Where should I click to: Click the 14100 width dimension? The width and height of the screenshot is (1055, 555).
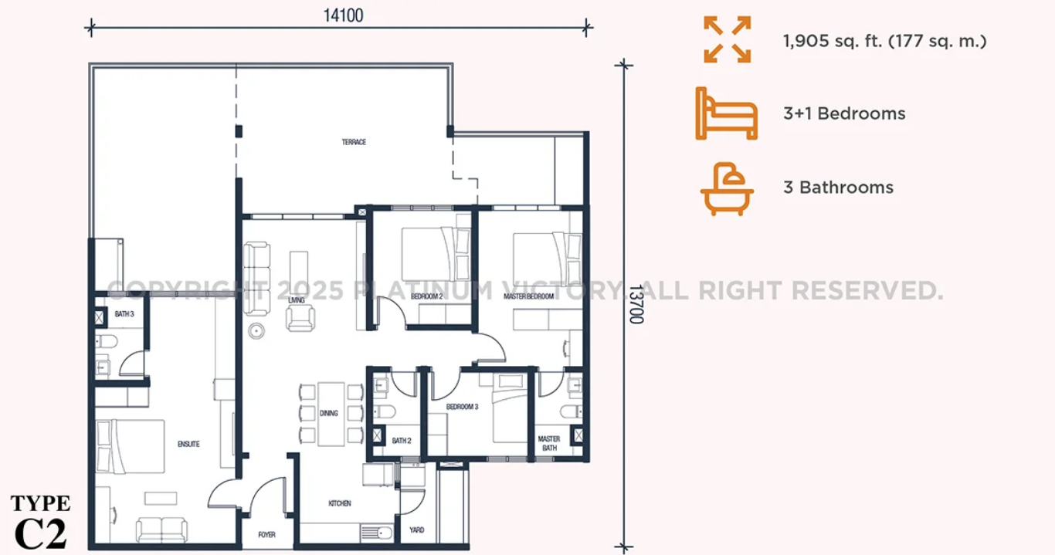(344, 15)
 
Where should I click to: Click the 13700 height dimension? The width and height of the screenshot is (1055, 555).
(636, 304)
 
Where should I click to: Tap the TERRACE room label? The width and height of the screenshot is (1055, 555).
(354, 142)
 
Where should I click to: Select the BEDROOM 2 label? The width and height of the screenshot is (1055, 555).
(426, 296)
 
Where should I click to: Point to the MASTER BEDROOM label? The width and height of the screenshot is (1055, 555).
(528, 296)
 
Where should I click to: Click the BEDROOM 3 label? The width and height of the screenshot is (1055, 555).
(462, 407)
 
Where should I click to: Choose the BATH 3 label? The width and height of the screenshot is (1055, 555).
(124, 314)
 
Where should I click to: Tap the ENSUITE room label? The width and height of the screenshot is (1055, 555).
(188, 444)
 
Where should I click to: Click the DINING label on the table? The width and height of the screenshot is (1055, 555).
(329, 413)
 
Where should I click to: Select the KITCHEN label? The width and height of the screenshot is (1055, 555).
(340, 503)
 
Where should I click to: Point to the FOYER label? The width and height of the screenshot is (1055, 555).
(266, 535)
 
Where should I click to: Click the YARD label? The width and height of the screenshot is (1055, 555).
(417, 530)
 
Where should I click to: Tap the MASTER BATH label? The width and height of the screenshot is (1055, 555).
(549, 443)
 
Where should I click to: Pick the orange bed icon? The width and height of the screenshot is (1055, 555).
(726, 113)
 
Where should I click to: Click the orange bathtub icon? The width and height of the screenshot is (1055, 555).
(727, 189)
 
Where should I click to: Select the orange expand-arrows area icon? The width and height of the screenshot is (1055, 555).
(728, 39)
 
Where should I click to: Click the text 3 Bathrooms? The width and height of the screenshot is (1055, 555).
(838, 188)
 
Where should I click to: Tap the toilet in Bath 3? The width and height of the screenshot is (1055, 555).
(106, 341)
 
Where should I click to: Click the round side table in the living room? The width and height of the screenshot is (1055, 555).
(256, 331)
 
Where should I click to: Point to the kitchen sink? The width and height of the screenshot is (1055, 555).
(377, 533)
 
